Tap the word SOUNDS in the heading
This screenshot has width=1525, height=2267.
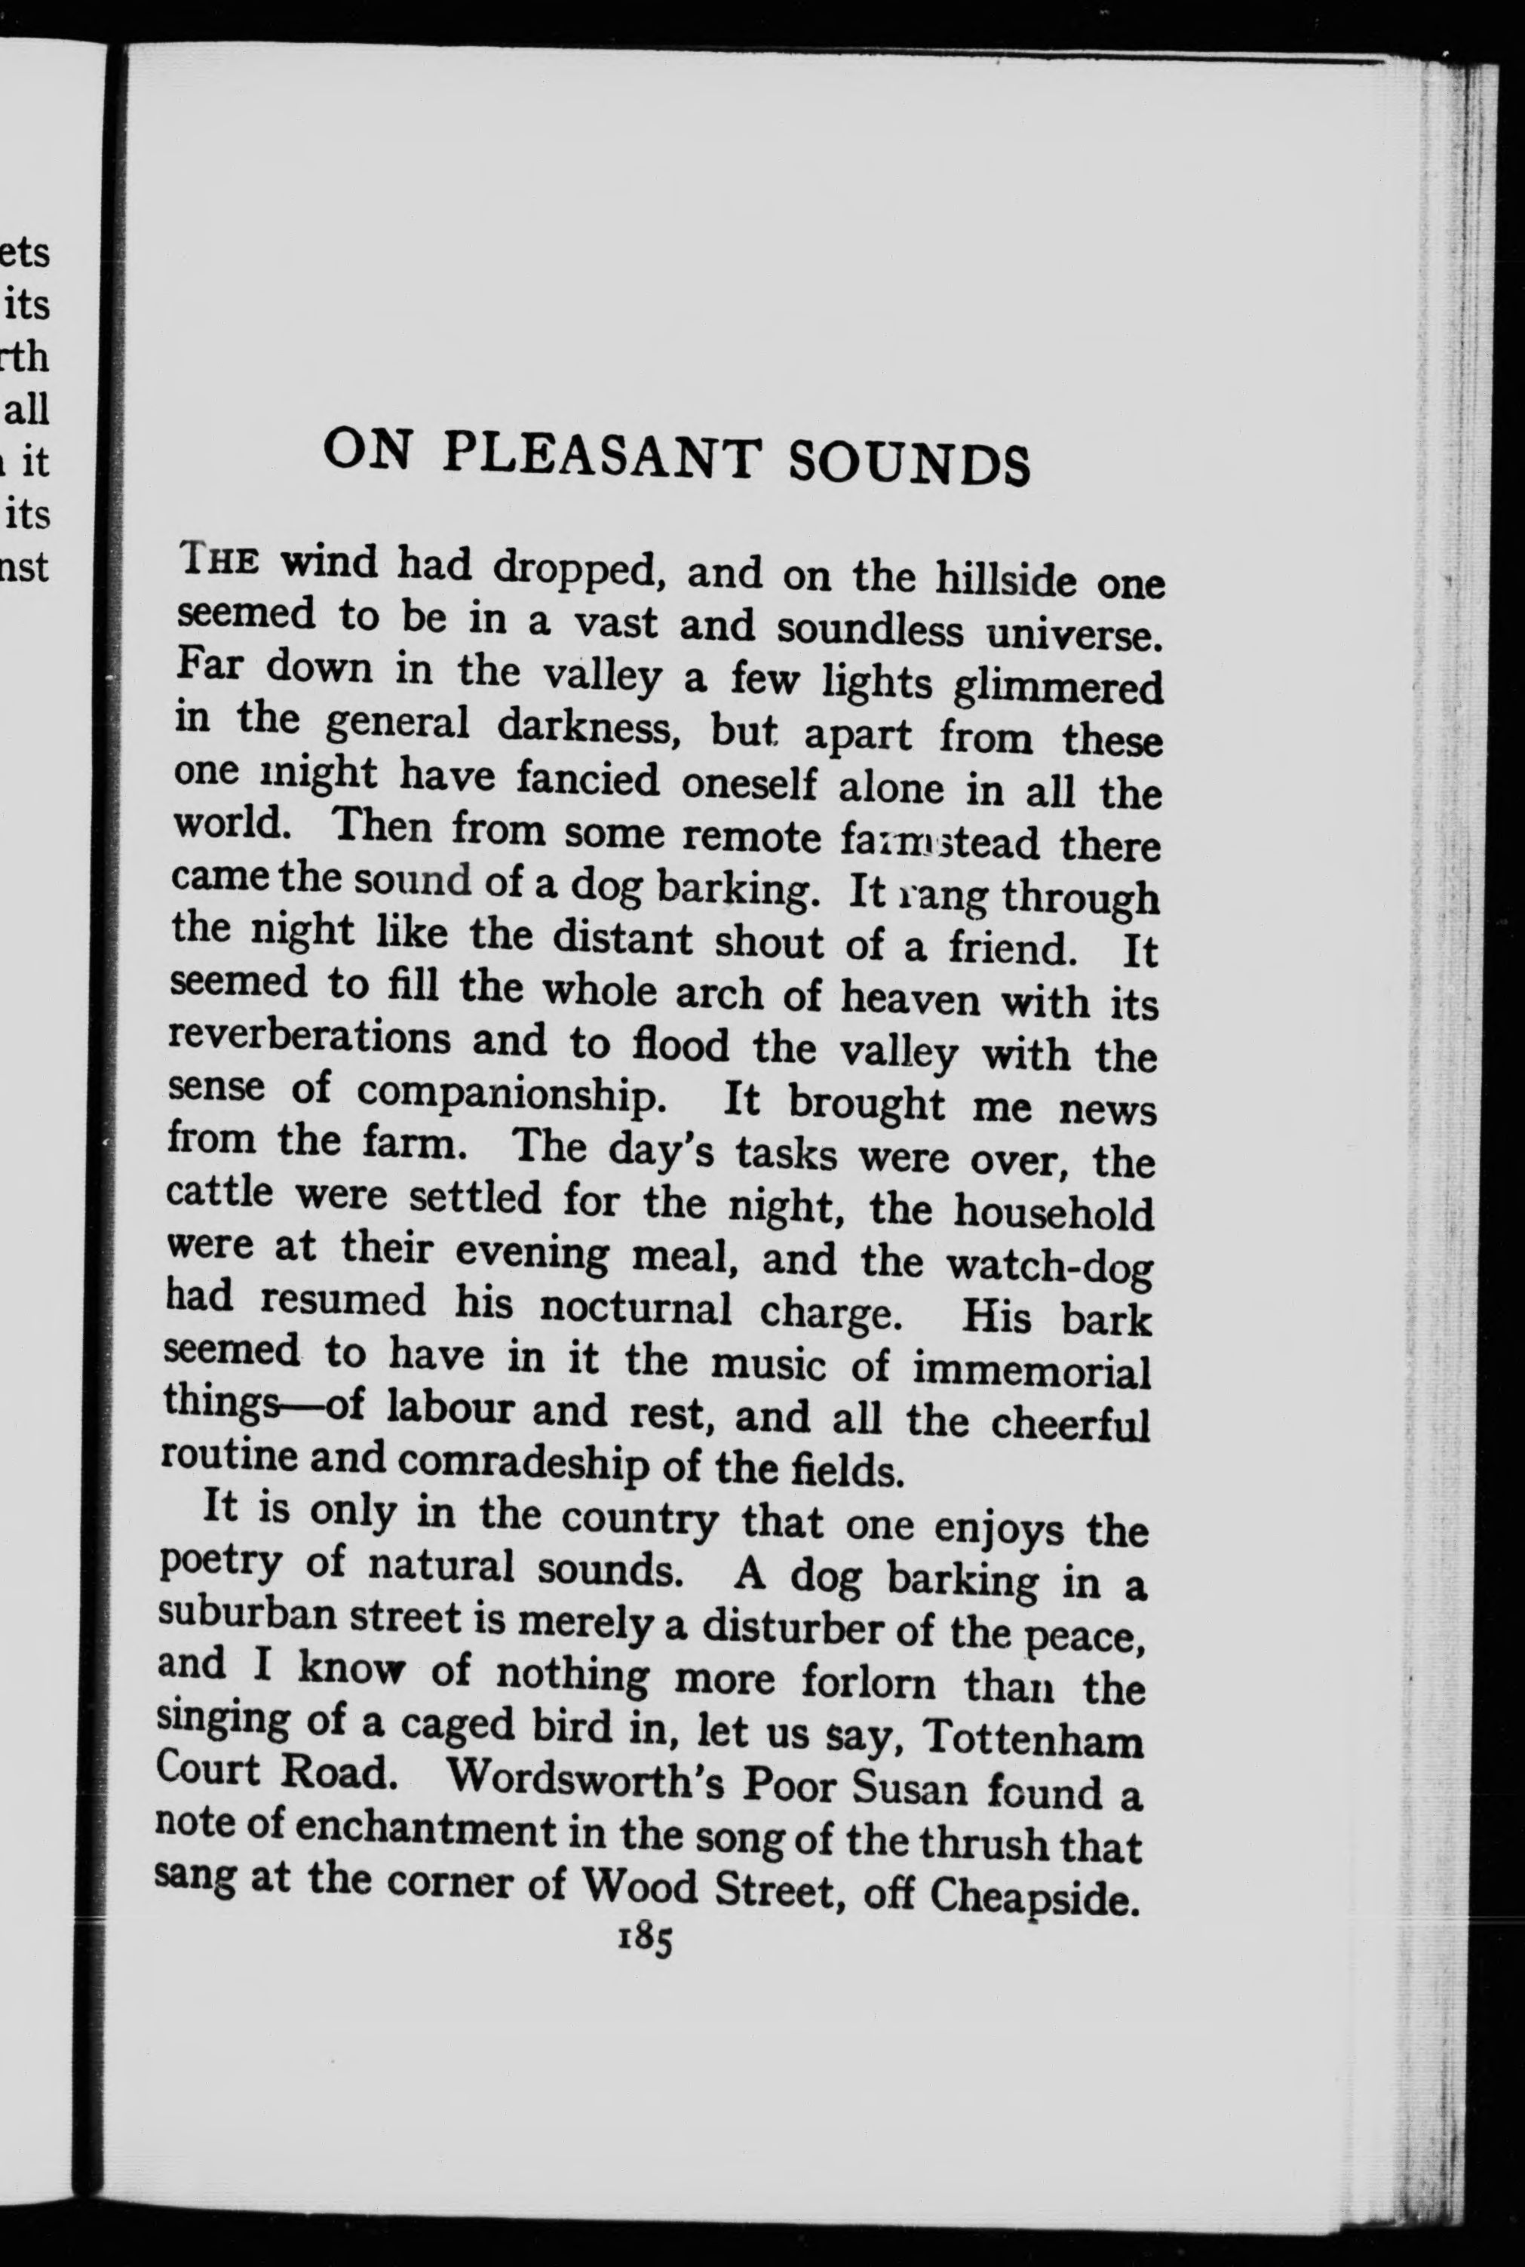click(x=908, y=462)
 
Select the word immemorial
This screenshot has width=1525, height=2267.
click(x=1032, y=1372)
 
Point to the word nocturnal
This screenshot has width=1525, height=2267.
click(x=636, y=1308)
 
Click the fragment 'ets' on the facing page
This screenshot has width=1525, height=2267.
click(x=26, y=253)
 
